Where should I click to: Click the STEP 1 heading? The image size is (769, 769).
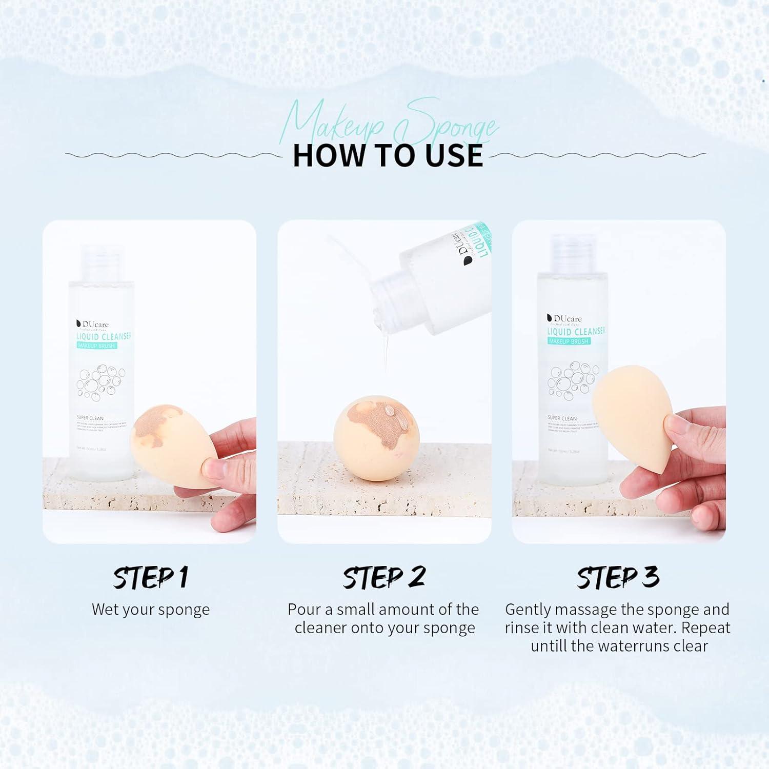click(150, 577)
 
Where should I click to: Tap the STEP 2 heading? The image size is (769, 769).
click(384, 577)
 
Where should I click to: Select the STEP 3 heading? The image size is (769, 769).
click(618, 577)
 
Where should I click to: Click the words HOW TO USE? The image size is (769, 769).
click(388, 156)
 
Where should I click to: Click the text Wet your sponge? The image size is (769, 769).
click(151, 610)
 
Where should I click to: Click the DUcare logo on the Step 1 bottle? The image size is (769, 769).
click(92, 325)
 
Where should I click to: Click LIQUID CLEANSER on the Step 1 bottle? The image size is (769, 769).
click(104, 336)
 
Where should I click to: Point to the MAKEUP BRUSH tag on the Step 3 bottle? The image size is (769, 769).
click(569, 341)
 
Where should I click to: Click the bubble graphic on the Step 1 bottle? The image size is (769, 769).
click(100, 382)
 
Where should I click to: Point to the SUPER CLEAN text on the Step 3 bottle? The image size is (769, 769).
click(562, 418)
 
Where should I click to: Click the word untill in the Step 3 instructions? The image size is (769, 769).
click(549, 646)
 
